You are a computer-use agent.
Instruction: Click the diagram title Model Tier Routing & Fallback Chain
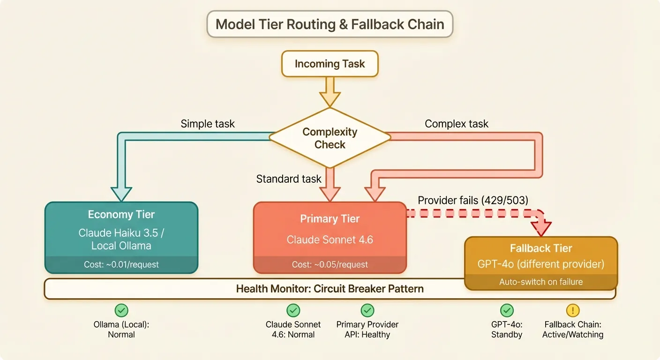[330, 24]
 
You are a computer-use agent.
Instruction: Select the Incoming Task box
[330, 64]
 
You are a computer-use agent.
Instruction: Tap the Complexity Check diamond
[330, 138]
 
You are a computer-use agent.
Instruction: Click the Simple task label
[208, 124]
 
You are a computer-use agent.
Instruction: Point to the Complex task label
[456, 124]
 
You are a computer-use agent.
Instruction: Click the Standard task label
[289, 179]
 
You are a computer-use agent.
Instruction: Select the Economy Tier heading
[121, 215]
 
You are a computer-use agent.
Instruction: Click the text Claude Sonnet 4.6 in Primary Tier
[330, 240]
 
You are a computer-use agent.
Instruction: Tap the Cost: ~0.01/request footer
[121, 264]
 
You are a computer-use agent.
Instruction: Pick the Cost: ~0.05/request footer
[330, 264]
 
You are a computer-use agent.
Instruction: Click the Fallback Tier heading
[541, 248]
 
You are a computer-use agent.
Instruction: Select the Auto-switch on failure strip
[541, 282]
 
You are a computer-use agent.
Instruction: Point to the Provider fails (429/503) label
[473, 200]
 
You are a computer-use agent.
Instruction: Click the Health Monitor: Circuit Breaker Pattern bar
[330, 289]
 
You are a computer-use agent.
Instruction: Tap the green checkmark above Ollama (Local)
[121, 310]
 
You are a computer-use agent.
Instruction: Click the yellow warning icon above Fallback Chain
[573, 310]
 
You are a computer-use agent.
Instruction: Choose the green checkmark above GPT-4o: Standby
[507, 310]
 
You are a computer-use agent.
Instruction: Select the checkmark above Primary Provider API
[367, 310]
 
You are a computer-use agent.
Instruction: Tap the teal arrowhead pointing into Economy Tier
[121, 194]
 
